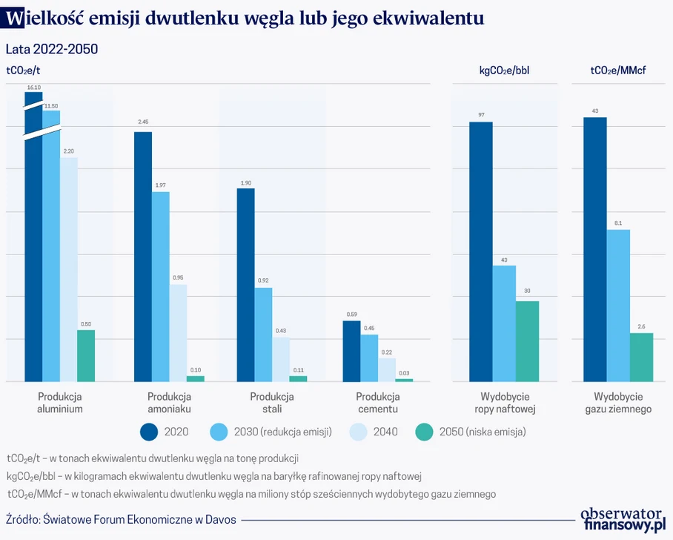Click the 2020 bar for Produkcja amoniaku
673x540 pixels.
pos(143,257)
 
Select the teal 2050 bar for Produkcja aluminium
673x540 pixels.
pos(87,355)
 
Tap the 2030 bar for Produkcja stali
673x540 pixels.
pos(263,335)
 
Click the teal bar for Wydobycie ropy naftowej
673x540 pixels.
pos(526,341)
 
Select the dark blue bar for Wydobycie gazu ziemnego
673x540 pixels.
pos(595,249)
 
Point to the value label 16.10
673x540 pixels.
pos(33,88)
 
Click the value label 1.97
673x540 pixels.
pos(161,185)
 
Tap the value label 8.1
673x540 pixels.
pos(618,223)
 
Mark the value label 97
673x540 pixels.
pos(481,115)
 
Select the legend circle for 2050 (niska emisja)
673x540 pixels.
pos(425,432)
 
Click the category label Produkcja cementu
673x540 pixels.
pos(378,403)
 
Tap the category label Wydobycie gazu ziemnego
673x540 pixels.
pos(618,403)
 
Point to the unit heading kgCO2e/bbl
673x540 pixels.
pos(504,71)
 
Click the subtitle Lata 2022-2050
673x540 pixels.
pos(52,49)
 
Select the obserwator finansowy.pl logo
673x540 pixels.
pos(622,520)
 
